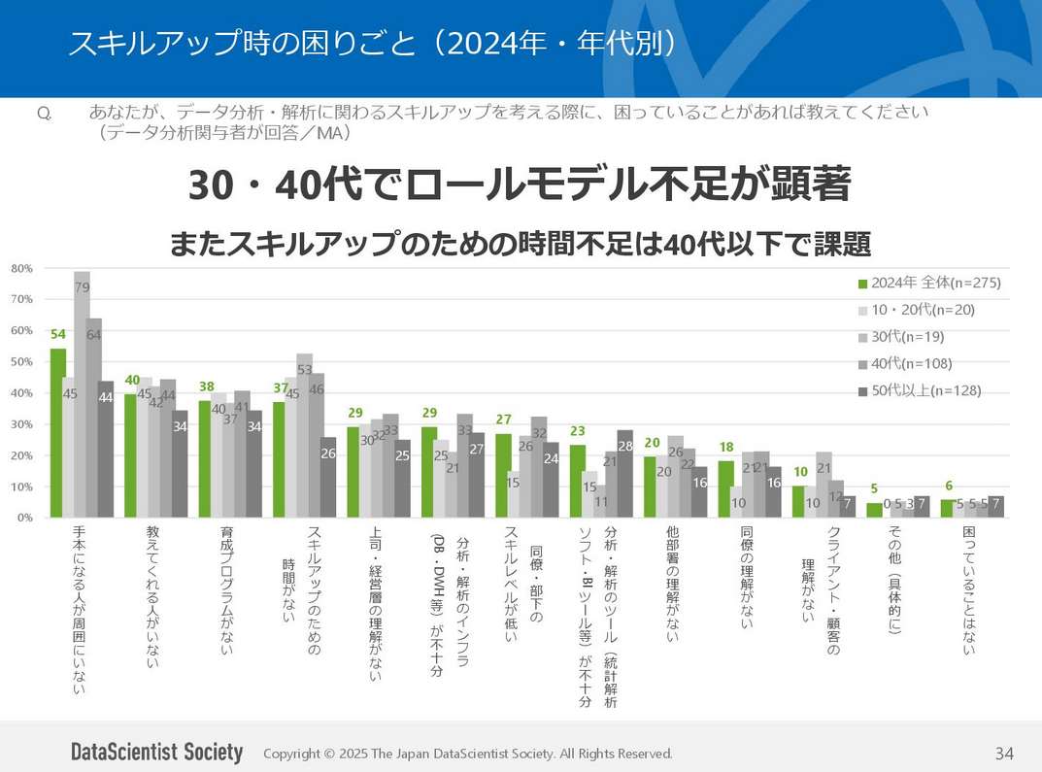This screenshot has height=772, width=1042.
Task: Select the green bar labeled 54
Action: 58,432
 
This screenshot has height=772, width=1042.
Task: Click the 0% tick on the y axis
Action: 24,518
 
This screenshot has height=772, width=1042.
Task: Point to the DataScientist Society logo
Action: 156,753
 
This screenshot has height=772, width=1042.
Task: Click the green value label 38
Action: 206,386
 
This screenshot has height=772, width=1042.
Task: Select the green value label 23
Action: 578,431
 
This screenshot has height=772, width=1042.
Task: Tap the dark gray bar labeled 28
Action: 624,474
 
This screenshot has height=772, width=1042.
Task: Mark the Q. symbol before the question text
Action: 44,114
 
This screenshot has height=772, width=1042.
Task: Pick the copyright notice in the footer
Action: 467,754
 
